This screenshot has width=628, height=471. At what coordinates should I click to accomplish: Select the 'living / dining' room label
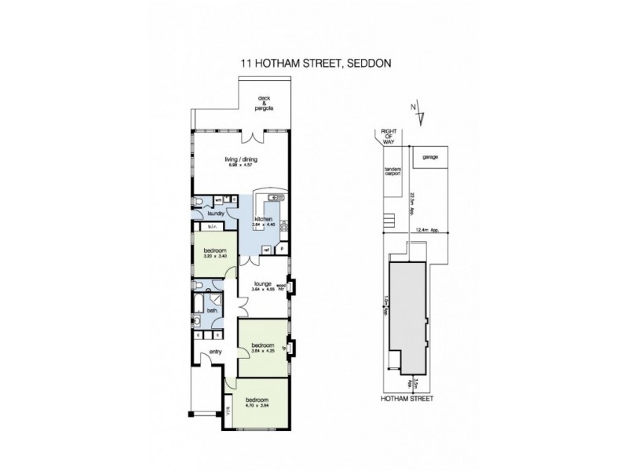click(x=242, y=160)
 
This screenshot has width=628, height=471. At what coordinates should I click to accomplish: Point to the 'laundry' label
click(x=217, y=213)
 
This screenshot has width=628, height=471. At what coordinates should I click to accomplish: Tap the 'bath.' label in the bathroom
click(x=212, y=311)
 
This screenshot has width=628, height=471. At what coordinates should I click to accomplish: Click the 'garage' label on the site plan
click(x=429, y=157)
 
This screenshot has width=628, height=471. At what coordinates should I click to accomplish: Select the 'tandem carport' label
click(x=392, y=171)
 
